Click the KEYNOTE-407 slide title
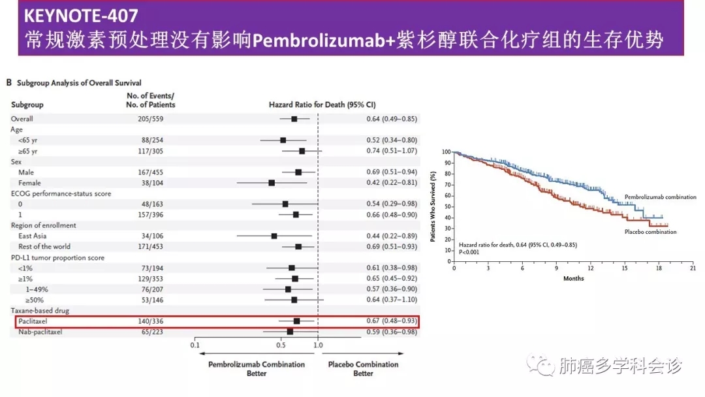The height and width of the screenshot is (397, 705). [x=81, y=14]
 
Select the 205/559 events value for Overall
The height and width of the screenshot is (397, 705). [x=151, y=119]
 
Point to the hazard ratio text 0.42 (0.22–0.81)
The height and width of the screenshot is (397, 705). [x=392, y=183]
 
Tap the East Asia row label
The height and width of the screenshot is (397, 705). [x=33, y=236]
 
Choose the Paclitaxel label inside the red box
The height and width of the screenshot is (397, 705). [x=34, y=321]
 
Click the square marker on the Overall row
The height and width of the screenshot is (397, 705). [x=294, y=119]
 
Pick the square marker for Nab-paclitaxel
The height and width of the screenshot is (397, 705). [x=290, y=332]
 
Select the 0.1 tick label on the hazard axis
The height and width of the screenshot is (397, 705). [x=195, y=345]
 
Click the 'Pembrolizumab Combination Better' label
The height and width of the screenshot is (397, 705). [x=257, y=369]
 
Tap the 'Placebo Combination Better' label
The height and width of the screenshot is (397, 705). [x=363, y=369]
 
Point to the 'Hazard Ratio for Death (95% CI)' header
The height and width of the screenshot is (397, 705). [x=322, y=104]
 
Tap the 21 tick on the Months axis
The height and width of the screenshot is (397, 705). [x=692, y=268]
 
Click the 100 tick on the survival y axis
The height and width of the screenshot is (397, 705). [x=446, y=151]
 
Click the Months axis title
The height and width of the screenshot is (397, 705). [x=573, y=279]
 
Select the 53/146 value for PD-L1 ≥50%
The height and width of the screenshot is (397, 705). [x=151, y=300]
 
